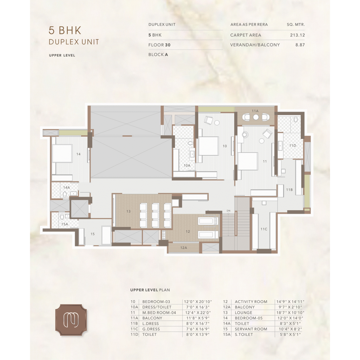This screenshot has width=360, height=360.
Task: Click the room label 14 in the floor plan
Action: coord(78,154)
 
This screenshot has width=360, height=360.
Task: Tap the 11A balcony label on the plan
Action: coord(255,111)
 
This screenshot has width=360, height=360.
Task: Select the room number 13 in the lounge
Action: coord(129,211)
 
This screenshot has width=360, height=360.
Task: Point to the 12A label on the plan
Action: coord(184,248)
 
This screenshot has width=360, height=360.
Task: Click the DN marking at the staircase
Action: coord(229,211)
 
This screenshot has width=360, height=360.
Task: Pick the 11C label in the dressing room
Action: coord(264,229)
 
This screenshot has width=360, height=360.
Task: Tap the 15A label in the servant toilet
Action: coord(65,224)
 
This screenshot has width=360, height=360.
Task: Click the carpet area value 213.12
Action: coord(297,35)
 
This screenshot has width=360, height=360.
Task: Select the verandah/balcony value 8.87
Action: coord(300,45)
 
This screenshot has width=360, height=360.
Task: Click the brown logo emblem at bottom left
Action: coord(71,320)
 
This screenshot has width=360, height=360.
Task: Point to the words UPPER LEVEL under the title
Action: coord(62,55)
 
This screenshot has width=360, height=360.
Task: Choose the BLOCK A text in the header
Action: coord(158,54)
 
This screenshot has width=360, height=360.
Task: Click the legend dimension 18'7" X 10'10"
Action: coord(290,313)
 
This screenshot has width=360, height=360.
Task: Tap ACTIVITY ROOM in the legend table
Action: coord(251,302)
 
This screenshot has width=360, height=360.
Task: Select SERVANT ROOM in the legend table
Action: coord(251,329)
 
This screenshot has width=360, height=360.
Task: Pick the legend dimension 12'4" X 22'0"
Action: coord(198,313)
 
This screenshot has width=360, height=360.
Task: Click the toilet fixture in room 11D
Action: coord(296,120)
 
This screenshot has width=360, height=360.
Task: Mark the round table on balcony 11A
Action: coord(256,117)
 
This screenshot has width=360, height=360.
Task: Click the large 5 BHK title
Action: coord(65,30)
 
